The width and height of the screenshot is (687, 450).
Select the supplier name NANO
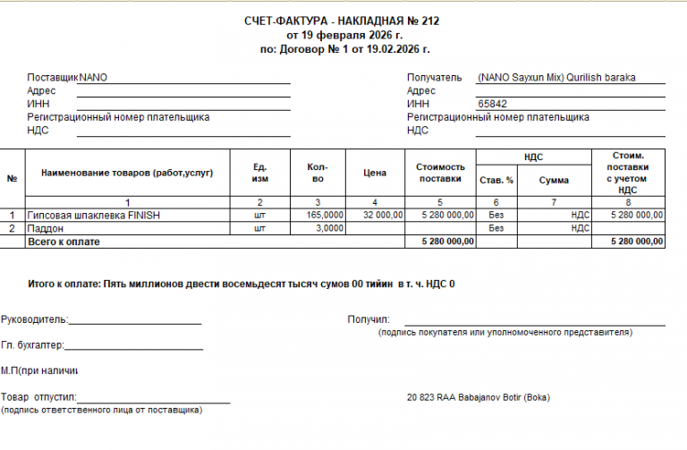click(94, 78)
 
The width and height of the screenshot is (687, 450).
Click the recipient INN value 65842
click(493, 104)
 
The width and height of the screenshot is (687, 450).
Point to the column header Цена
click(375, 174)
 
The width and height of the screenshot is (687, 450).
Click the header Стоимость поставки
click(441, 173)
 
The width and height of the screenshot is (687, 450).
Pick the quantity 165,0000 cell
click(324, 216)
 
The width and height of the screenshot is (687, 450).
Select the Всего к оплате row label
click(64, 242)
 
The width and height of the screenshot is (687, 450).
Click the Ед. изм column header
click(260, 173)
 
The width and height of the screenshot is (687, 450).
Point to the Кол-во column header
click(317, 173)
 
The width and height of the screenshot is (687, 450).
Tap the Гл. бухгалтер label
click(32, 344)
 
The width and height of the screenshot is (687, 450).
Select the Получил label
click(369, 318)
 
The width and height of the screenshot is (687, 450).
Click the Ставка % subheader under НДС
click(496, 180)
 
